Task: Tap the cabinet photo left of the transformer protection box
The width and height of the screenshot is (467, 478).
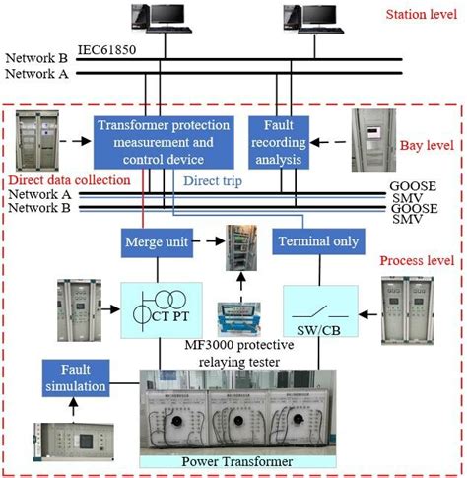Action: pyautogui.click(x=41, y=139)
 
